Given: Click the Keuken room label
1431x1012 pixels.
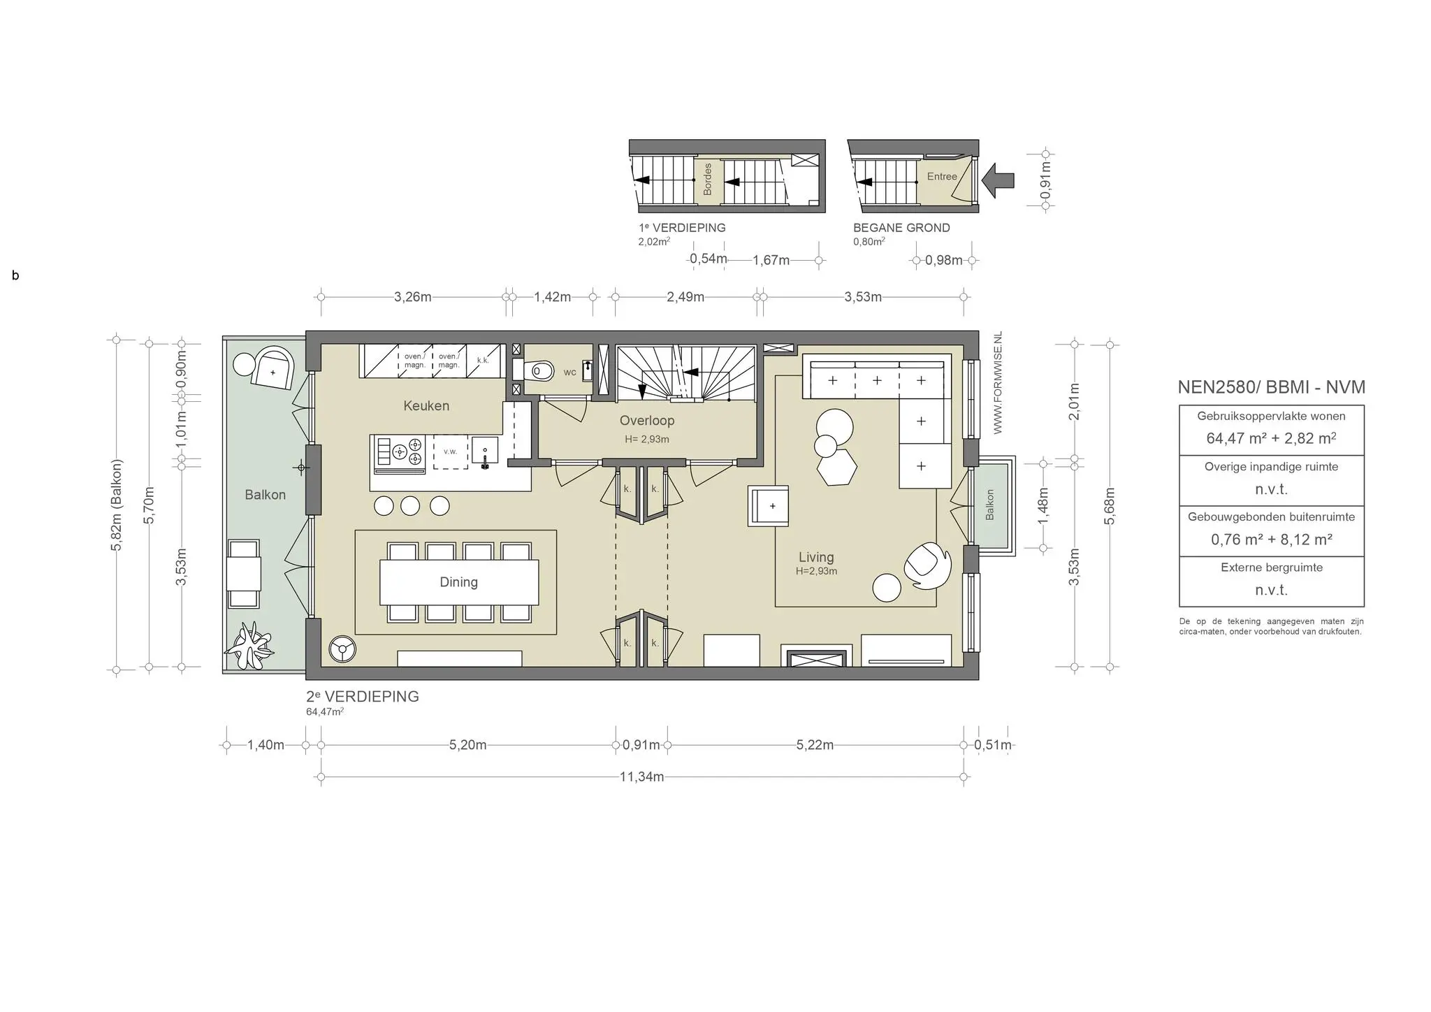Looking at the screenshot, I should click(426, 406).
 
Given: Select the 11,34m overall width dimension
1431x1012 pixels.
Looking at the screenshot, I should click(641, 777).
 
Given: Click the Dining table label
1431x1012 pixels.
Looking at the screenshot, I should click(458, 582).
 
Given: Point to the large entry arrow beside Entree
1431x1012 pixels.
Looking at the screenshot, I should click(997, 180).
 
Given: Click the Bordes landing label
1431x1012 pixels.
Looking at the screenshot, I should click(707, 180).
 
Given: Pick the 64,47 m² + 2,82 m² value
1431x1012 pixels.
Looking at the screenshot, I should click(1271, 439).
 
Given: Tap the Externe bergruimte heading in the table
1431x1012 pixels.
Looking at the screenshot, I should click(1271, 568).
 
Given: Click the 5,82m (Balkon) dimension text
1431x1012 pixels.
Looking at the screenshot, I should click(117, 505).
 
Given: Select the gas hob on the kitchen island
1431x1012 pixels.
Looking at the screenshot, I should click(400, 451).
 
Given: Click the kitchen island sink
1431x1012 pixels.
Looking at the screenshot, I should click(484, 451).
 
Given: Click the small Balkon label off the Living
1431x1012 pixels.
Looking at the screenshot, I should click(989, 505).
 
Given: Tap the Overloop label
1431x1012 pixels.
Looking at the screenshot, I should click(647, 421).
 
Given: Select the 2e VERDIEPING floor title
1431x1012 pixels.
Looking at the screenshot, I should click(363, 697).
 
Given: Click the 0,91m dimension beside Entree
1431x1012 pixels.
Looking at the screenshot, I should click(1045, 180).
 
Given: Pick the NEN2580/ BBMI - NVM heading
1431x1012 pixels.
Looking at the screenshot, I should click(1271, 387).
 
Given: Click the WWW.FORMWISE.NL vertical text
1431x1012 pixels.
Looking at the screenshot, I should click(998, 383).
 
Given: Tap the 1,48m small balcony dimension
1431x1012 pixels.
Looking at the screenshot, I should click(1043, 505).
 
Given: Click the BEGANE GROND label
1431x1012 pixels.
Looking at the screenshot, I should click(901, 228).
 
